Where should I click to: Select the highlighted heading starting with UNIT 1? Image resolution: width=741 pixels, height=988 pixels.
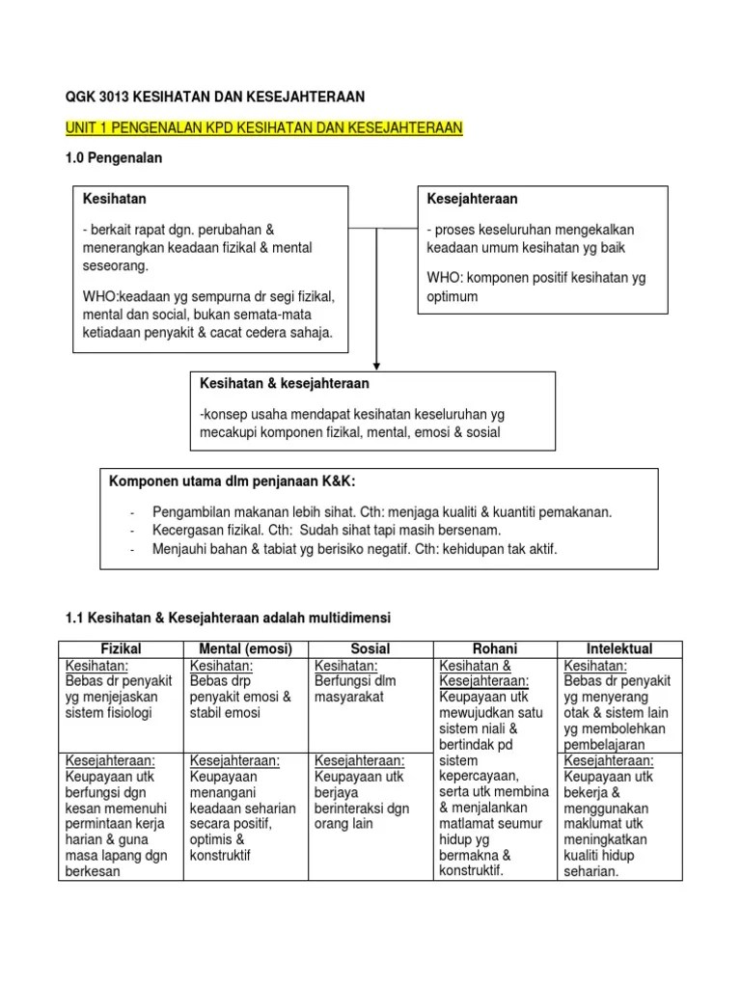pos(263,127)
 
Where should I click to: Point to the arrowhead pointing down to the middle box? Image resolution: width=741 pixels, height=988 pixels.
pos(376,363)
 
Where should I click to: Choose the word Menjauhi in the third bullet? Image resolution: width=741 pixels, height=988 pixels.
pos(180,549)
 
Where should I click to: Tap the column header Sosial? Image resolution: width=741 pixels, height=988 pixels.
pos(372,648)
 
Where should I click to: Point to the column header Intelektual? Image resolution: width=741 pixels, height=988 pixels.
pos(619,648)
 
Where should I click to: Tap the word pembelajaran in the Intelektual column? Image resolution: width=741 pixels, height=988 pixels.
pos(608,745)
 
